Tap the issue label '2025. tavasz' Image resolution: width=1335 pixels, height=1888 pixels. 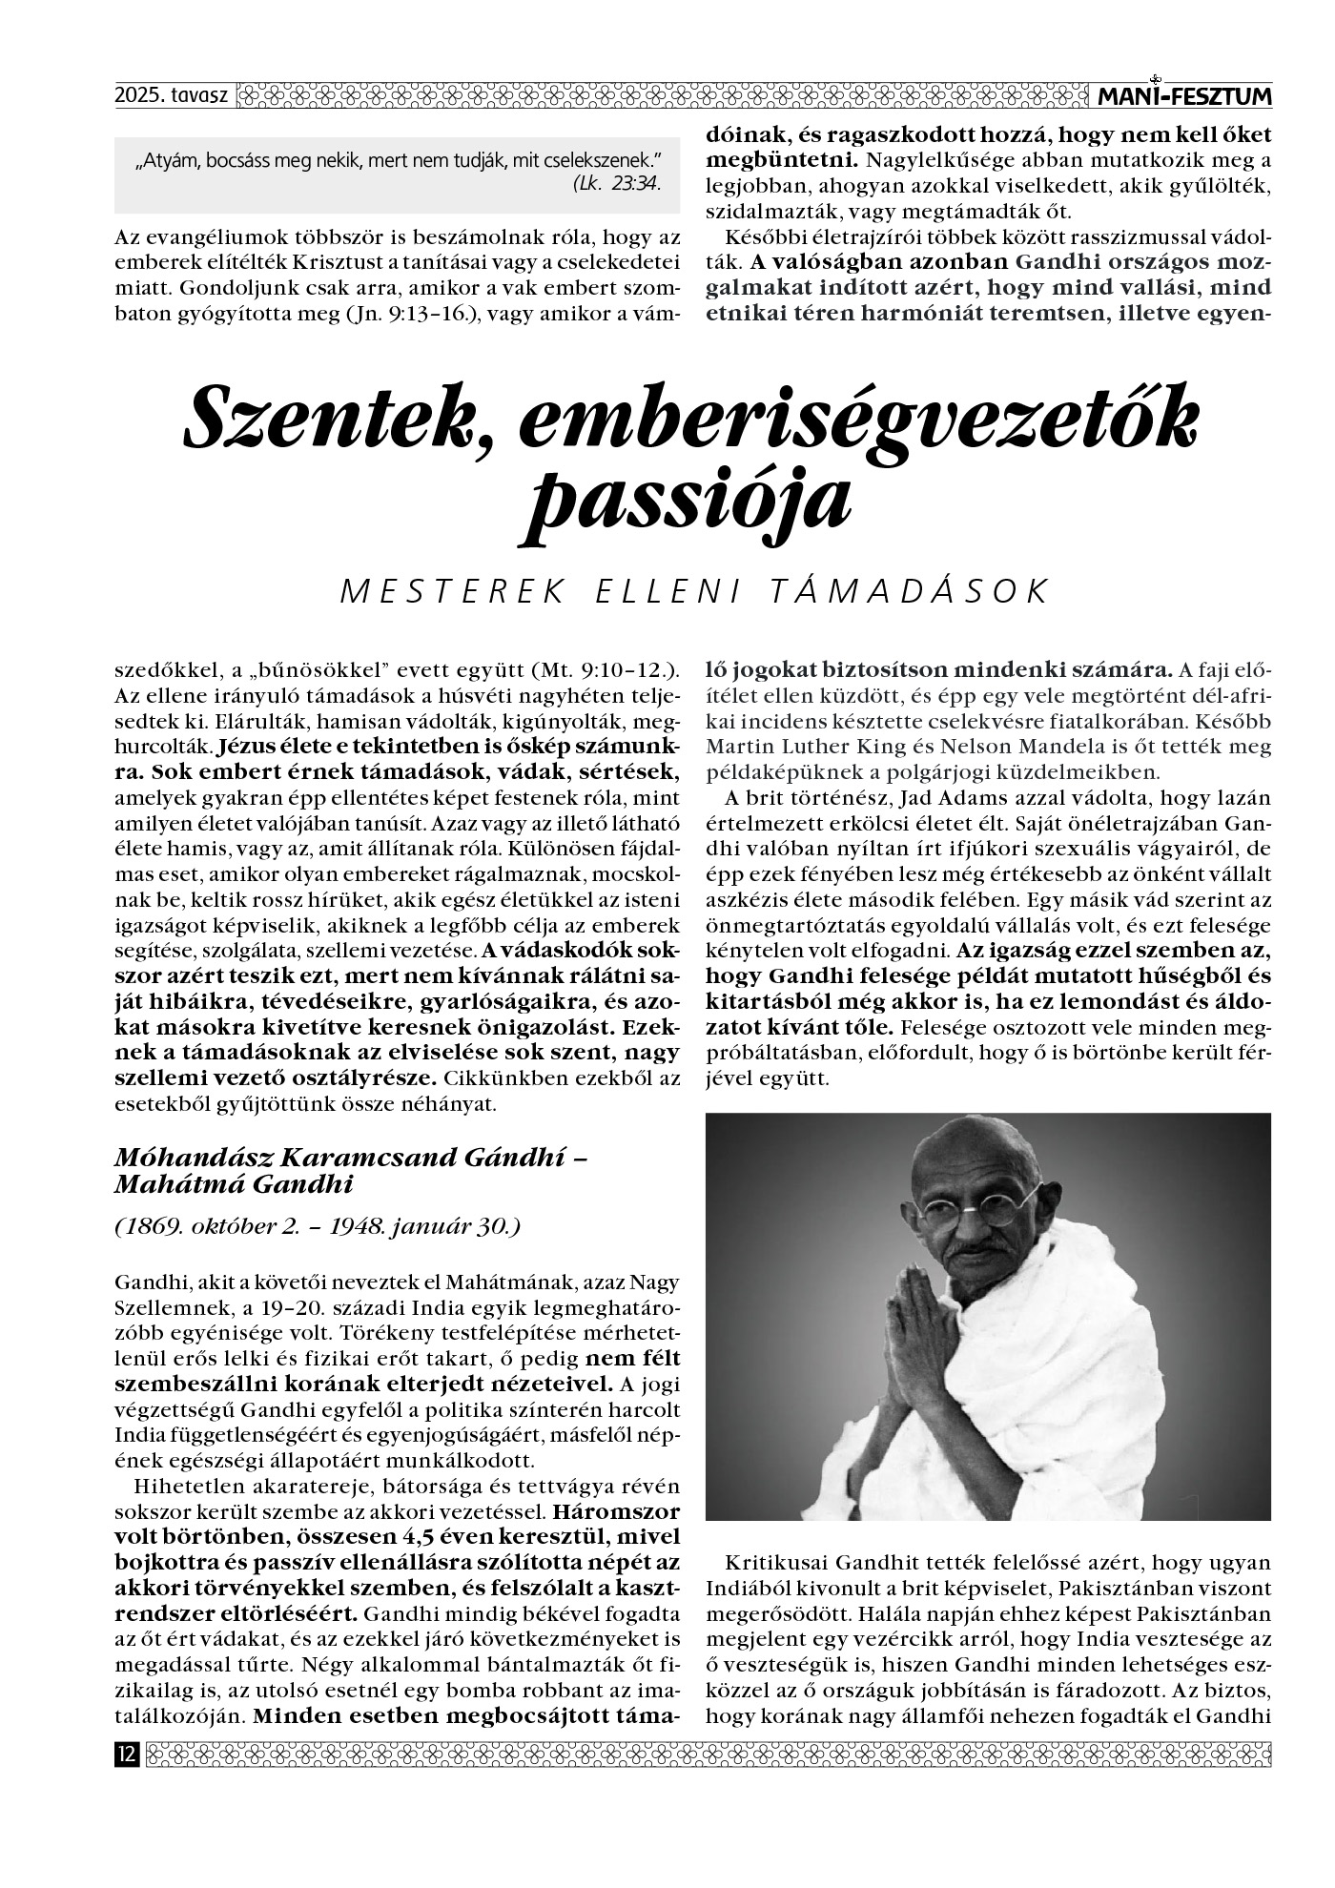click(165, 96)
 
